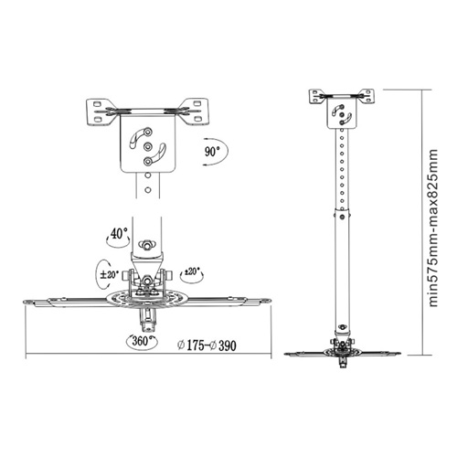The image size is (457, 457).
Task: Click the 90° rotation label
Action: pyautogui.click(x=212, y=152)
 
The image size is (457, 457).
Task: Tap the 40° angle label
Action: pyautogui.click(x=119, y=234)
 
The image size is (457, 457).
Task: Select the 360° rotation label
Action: pyautogui.click(x=140, y=341)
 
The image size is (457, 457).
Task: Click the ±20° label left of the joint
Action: pyautogui.click(x=109, y=274)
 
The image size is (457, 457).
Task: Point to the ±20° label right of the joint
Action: pyautogui.click(x=192, y=271)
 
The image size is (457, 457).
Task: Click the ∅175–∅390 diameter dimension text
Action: pyautogui.click(x=207, y=345)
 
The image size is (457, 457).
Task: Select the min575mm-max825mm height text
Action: pyautogui.click(x=433, y=228)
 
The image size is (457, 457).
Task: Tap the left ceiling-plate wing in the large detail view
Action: pyautogui.click(x=101, y=112)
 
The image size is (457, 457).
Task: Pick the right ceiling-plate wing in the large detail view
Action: pyautogui.click(x=195, y=112)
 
